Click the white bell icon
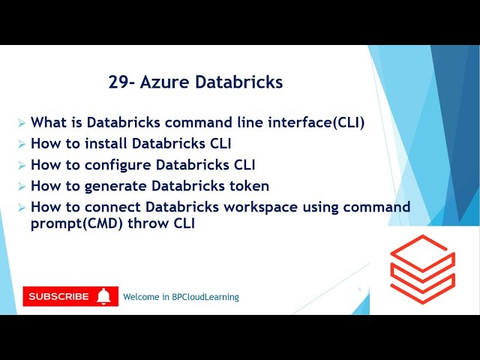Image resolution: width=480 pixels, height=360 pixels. pos(104,296)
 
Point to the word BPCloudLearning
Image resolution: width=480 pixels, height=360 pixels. pos(203,297)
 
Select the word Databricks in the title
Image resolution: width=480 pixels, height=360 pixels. pos(239,82)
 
